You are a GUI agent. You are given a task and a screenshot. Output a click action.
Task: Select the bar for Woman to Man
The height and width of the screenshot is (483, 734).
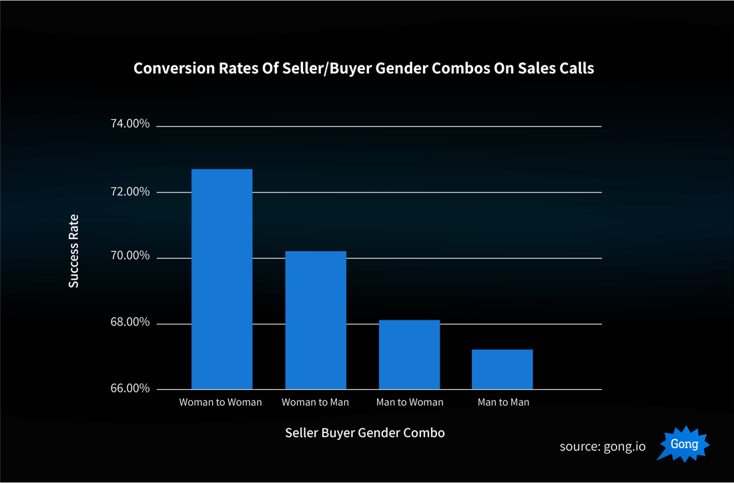tap(316, 320)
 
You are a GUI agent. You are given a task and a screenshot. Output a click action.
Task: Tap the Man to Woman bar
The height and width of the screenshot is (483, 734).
tap(409, 354)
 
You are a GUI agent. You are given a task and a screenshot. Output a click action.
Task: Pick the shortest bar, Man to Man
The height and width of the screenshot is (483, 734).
tap(502, 369)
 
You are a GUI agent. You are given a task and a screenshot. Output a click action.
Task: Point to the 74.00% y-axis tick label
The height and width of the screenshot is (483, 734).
tap(129, 125)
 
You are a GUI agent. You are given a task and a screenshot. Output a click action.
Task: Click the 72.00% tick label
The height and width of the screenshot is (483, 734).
tap(129, 192)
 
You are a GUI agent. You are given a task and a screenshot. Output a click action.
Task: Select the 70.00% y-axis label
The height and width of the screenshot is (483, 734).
tap(129, 256)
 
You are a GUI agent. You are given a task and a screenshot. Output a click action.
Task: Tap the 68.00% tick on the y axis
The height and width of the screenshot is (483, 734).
tap(129, 322)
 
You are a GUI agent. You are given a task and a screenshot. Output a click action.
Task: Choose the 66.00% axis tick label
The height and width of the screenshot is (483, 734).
tap(129, 388)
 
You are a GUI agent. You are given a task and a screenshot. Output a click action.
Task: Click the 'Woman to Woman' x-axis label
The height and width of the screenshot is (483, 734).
tap(220, 402)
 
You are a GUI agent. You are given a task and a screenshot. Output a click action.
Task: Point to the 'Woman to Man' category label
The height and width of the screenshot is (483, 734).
tap(315, 402)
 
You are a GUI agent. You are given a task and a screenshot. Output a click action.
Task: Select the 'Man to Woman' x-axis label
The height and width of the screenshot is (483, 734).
tap(409, 402)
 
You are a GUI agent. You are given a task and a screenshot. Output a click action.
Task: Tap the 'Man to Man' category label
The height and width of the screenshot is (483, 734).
tap(503, 402)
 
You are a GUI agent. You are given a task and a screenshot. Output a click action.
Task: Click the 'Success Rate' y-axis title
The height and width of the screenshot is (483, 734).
tap(73, 251)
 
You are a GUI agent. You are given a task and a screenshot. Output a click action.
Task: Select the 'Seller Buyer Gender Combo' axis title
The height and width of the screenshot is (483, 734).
tap(364, 433)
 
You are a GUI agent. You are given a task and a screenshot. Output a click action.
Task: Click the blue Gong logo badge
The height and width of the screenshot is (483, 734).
tap(683, 444)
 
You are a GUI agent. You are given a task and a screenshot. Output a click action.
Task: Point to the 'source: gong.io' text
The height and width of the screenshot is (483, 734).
tap(603, 446)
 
